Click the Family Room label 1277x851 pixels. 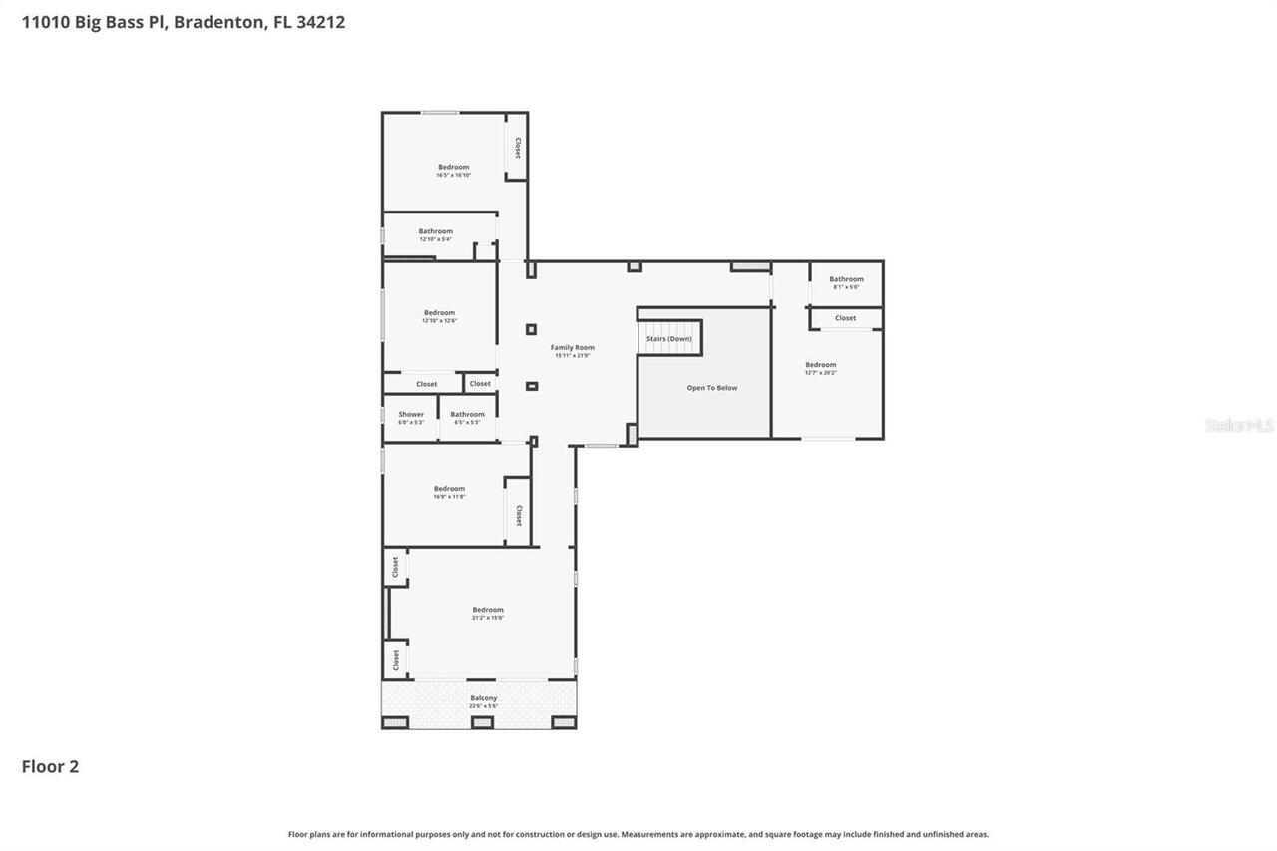point(572,348)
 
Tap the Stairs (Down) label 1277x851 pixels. point(668,339)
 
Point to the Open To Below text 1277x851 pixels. point(712,388)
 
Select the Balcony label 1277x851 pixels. point(483,698)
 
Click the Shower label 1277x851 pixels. point(411,415)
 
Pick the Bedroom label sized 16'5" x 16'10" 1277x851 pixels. point(453,168)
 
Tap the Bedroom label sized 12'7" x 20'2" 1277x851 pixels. point(821,365)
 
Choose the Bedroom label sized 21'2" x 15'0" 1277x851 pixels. point(488,610)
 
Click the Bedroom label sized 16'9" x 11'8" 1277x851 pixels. point(449,489)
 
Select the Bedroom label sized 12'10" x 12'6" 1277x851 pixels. point(439,313)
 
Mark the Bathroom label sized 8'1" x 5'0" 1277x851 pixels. point(846,280)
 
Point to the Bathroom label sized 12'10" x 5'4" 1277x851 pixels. point(435,232)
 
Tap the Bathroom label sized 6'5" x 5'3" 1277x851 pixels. point(467,415)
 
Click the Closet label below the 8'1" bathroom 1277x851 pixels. point(845,318)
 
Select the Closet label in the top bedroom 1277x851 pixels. point(517,148)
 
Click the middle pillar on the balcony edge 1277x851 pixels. point(482,721)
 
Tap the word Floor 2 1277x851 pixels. point(50,766)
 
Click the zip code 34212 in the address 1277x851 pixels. point(320,21)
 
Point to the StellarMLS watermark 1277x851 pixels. point(1239,425)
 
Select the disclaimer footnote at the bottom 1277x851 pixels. point(638,834)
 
